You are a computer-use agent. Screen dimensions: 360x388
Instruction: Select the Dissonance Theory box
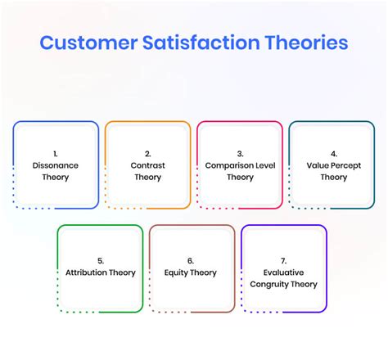(x=56, y=164)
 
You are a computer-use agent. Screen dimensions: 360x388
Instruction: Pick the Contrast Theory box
(x=148, y=164)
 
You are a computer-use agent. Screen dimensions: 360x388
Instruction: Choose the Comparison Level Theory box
(x=240, y=164)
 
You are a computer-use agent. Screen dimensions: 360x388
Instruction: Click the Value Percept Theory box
(x=333, y=164)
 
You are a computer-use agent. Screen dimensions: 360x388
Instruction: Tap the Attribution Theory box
(x=100, y=268)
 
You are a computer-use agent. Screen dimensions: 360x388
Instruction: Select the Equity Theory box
(x=192, y=268)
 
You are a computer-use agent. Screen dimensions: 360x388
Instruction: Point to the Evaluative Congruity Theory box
(x=284, y=268)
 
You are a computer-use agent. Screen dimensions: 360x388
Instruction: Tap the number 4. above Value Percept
(x=334, y=153)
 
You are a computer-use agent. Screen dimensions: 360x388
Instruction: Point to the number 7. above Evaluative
(x=284, y=261)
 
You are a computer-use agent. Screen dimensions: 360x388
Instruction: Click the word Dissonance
(x=56, y=165)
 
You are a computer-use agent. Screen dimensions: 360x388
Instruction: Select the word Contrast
(x=148, y=165)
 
